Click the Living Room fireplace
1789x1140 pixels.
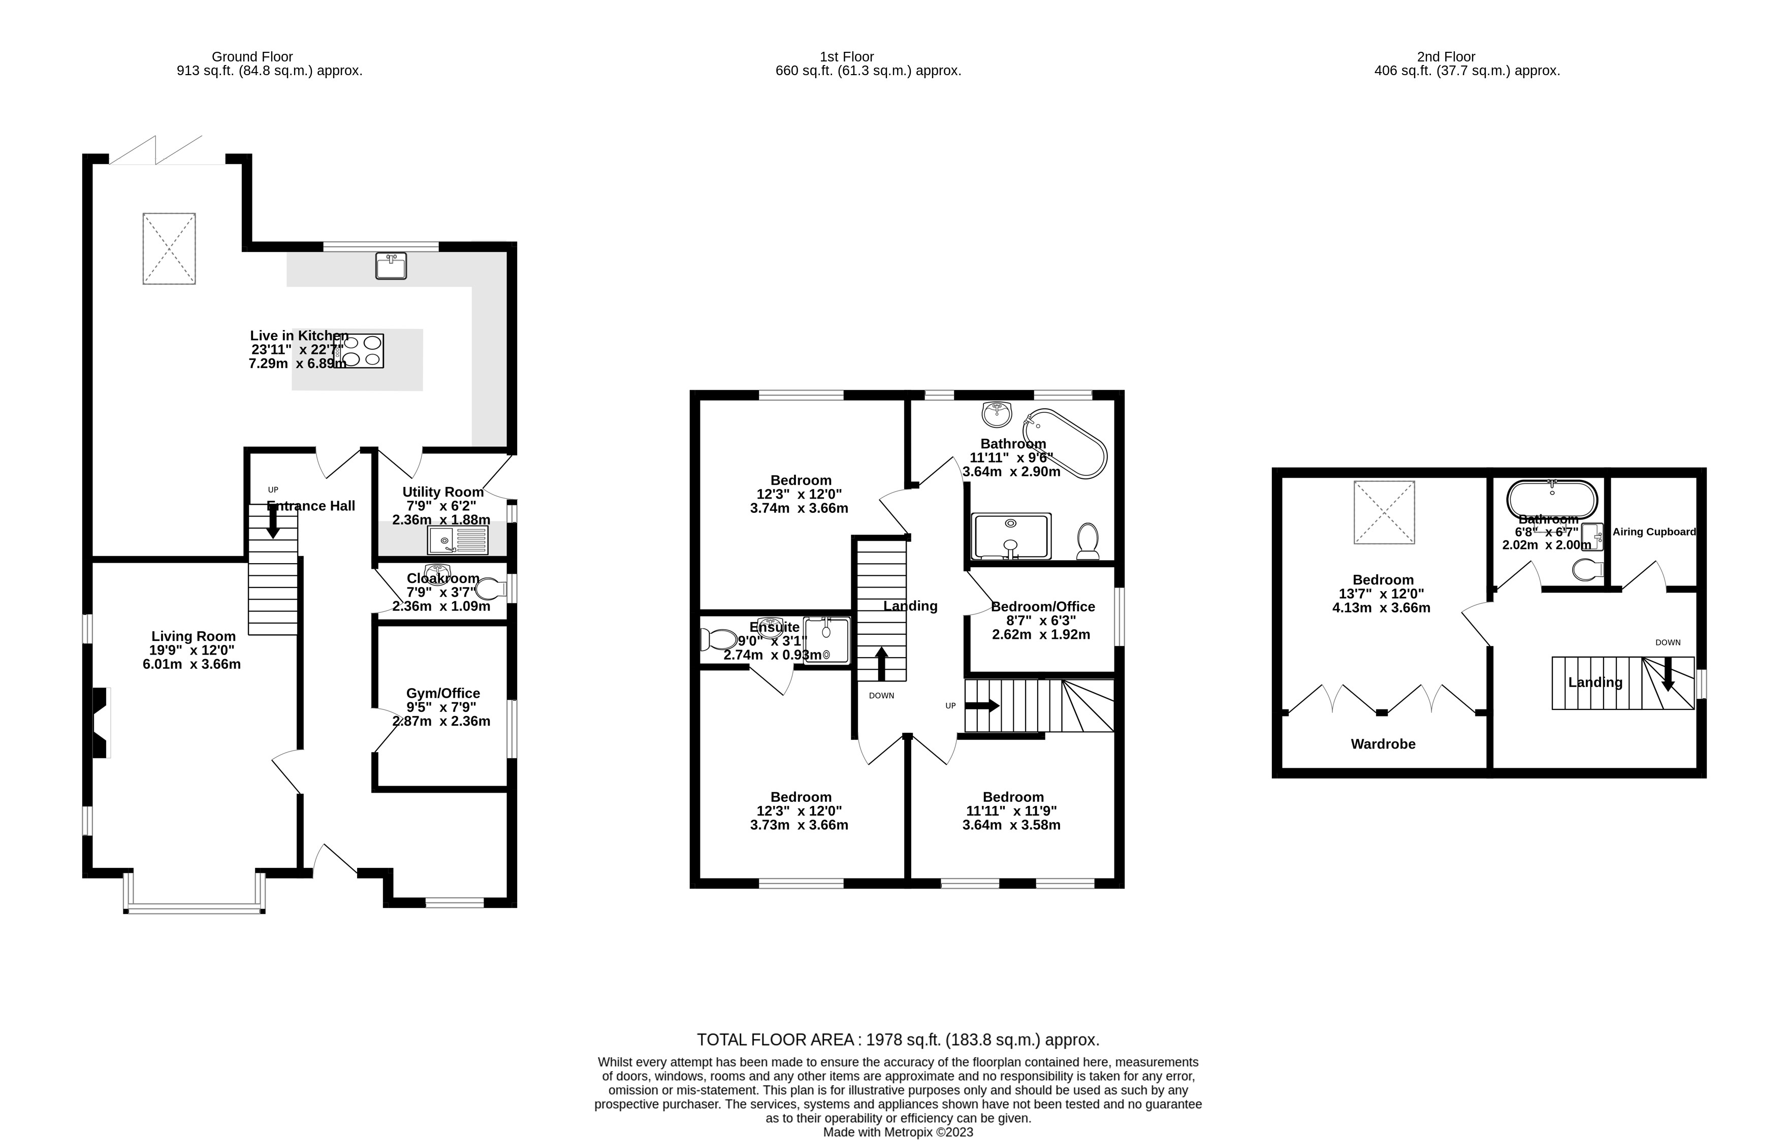(101, 723)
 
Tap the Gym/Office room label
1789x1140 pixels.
(443, 693)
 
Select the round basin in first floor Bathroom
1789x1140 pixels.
(996, 414)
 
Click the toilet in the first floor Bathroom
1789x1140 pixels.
(1088, 541)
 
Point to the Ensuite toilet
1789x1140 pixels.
(718, 639)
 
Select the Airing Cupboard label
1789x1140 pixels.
(1654, 532)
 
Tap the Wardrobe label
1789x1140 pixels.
(1383, 744)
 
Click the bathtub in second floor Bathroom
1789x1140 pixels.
(1551, 500)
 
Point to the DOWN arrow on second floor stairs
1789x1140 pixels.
(1668, 675)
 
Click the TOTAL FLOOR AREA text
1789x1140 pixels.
(898, 1040)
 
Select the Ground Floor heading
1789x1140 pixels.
(252, 56)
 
